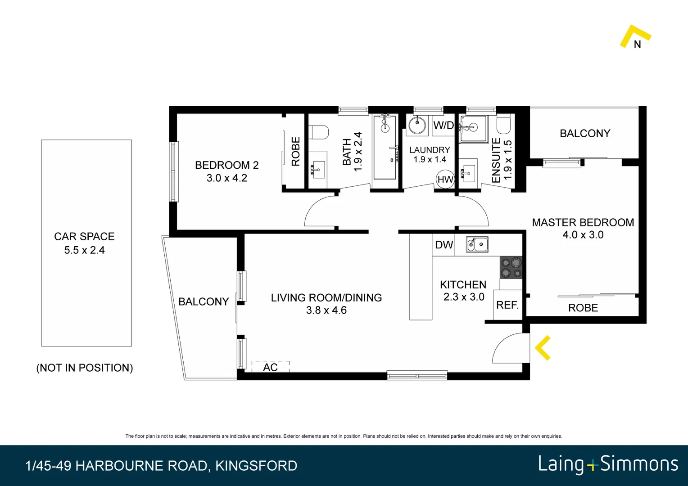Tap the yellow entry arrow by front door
coord(543,348)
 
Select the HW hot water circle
coord(445,180)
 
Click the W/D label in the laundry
coord(444,126)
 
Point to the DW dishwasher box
coord(444,245)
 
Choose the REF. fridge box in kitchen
coord(507,305)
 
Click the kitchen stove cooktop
coord(511,267)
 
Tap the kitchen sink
coord(477,244)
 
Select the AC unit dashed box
coord(270,366)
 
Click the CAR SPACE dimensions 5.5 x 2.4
coord(84,250)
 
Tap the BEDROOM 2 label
coord(226,165)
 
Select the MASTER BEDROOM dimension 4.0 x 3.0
coord(583,235)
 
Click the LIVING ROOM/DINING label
coord(326,297)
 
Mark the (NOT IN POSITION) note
coord(84,368)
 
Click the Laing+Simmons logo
coord(608,464)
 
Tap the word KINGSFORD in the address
coord(256,466)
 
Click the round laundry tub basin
coord(417,125)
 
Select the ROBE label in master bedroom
coord(583,308)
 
